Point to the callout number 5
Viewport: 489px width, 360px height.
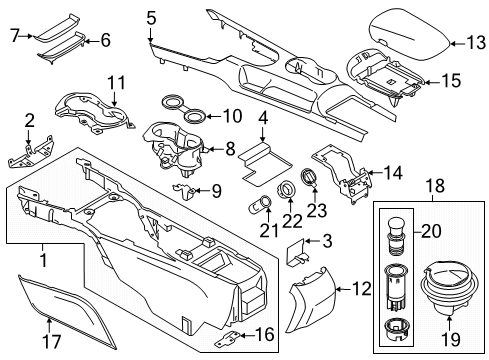coord(151,17)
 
